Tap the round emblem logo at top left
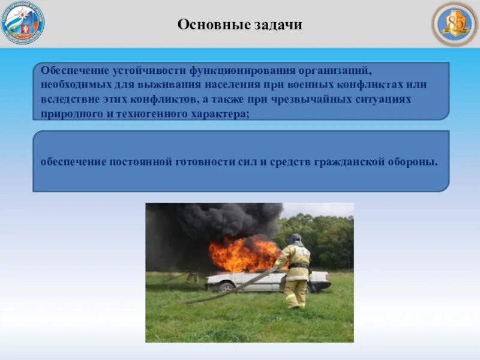[23, 23]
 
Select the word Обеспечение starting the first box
[70, 71]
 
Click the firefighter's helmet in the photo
[295, 239]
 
